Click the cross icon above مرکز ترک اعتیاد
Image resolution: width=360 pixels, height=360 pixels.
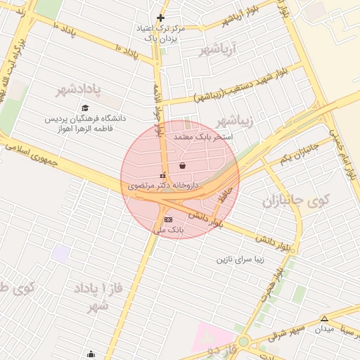161,18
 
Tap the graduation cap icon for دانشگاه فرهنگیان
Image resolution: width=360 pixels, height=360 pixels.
85,108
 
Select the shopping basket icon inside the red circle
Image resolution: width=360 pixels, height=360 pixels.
183,166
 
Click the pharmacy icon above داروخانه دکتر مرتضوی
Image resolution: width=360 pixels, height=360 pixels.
163,175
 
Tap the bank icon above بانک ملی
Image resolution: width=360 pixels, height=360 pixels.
167,219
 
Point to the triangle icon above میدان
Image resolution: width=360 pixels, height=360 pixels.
324,319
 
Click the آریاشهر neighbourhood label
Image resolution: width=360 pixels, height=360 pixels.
219,49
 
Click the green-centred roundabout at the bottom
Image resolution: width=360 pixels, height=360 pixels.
243,342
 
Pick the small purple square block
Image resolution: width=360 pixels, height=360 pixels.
61,254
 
